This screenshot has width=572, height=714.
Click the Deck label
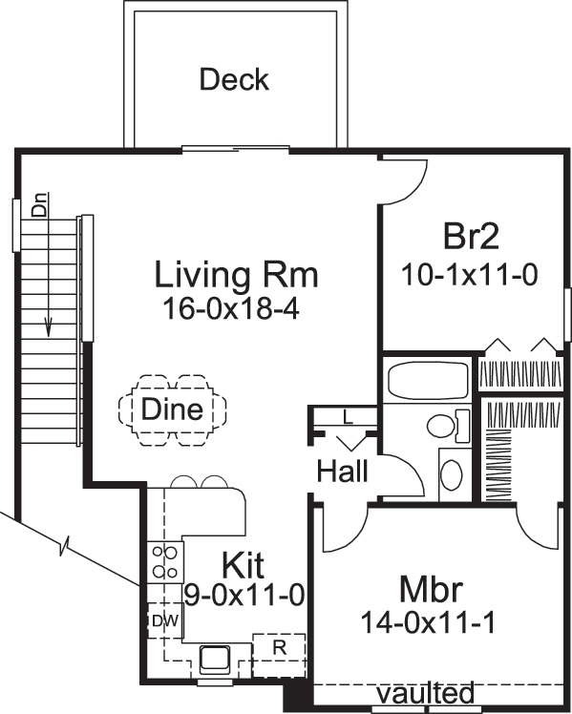[x=234, y=80]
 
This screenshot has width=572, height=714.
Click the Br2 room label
[x=473, y=236]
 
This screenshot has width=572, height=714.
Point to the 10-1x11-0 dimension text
[x=470, y=275]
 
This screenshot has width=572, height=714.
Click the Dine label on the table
[x=172, y=409]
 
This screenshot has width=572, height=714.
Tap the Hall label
[x=342, y=471]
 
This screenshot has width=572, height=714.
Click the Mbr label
[x=432, y=586]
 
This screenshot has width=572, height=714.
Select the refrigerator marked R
[x=279, y=646]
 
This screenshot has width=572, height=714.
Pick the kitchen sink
[x=212, y=657]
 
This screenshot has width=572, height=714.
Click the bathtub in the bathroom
[x=428, y=378]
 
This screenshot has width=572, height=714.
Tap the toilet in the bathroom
[x=446, y=424]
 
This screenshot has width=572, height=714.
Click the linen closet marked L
[x=347, y=417]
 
